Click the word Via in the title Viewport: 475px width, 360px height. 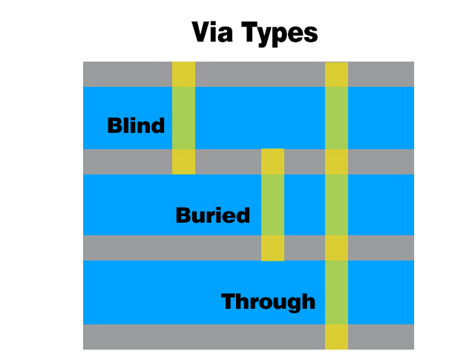[x=213, y=32]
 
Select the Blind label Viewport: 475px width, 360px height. [x=136, y=125]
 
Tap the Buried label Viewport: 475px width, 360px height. [x=213, y=215]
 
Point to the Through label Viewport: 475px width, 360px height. [x=268, y=302]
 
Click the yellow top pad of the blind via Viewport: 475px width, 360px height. [x=183, y=74]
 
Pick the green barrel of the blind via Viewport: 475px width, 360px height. [x=183, y=118]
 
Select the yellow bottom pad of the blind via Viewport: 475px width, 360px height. [x=183, y=162]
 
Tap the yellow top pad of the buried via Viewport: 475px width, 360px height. [x=272, y=162]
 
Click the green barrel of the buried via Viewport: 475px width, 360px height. [x=272, y=205]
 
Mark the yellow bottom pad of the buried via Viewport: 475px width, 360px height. [x=272, y=248]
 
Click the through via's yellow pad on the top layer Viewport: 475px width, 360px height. [x=336, y=74]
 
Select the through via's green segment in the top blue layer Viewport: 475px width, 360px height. [x=336, y=118]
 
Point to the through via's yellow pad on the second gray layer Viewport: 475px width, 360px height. [x=336, y=162]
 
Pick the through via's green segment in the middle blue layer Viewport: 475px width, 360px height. [x=336, y=205]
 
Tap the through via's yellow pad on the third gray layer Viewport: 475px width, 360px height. [x=336, y=248]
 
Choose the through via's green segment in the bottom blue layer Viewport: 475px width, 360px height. [x=336, y=292]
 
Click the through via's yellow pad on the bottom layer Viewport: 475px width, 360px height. [x=336, y=337]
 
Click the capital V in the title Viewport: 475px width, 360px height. [x=202, y=32]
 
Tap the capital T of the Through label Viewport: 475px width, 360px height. [x=229, y=301]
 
